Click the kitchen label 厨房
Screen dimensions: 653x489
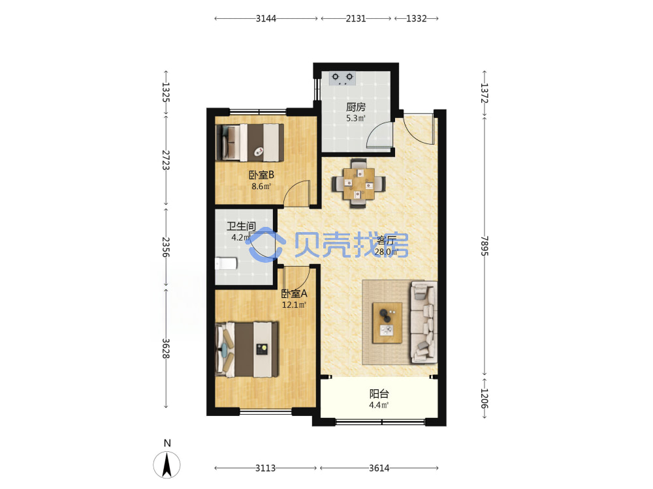356,107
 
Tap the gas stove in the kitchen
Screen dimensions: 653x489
342,78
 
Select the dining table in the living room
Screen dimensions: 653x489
358,183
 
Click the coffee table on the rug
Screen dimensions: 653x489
387,323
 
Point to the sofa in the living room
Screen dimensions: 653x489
424,322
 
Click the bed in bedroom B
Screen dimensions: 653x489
250,143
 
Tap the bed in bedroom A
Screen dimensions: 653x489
247,349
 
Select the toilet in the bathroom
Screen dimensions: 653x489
226,263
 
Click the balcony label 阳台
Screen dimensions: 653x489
379,393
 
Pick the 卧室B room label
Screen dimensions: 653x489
262,175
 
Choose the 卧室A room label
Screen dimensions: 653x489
295,293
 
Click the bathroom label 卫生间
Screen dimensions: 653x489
241,226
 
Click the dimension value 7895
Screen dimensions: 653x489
484,246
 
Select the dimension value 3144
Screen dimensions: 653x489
266,18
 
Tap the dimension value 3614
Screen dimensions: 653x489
379,468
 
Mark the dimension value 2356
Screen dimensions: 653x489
166,247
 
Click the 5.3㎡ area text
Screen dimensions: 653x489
356,118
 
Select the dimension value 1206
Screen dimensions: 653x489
484,398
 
